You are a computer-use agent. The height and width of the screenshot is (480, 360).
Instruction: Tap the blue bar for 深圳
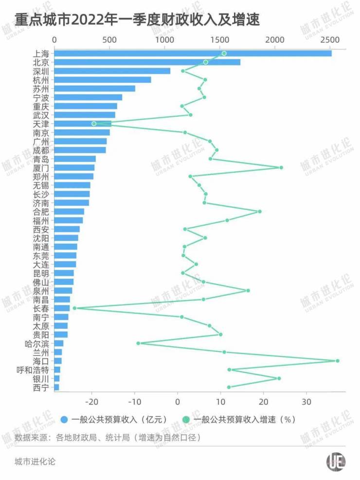pyautogui.click(x=112, y=71)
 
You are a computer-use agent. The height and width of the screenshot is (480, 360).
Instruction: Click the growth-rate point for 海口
pyautogui.click(x=338, y=361)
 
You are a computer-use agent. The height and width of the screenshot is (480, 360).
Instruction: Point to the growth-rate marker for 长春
pyautogui.click(x=74, y=308)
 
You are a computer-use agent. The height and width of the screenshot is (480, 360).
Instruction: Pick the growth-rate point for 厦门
pyautogui.click(x=281, y=168)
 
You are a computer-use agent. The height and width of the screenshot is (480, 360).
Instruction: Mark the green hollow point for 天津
pyautogui.click(x=94, y=124)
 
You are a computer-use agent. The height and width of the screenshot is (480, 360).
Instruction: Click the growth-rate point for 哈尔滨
pyautogui.click(x=138, y=343)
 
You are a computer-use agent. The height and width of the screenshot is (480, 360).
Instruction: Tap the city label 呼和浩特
pyautogui.click(x=33, y=370)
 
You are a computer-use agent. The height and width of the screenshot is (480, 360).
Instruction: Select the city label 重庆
pyautogui.click(x=41, y=106)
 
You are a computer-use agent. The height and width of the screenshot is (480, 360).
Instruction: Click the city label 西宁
pyautogui.click(x=41, y=387)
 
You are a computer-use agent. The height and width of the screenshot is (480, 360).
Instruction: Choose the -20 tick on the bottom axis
pyautogui.click(x=91, y=402)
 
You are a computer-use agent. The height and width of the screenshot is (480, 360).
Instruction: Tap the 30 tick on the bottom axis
pyautogui.click(x=306, y=402)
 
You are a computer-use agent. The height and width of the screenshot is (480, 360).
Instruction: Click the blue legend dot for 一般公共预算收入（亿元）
pyautogui.click(x=64, y=419)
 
